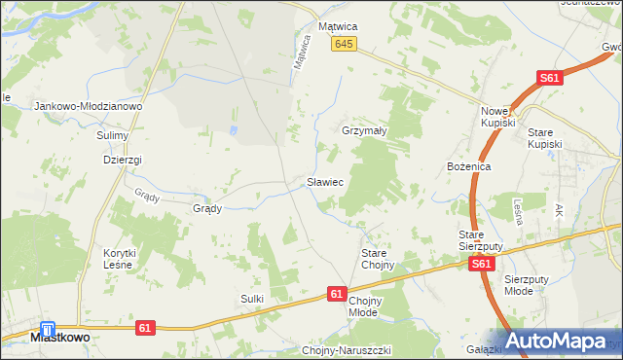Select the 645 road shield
point(344,45)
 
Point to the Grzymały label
point(365,129)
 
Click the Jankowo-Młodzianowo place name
point(89,106)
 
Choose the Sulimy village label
point(113,135)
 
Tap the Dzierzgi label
point(123,160)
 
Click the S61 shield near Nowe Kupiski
point(551,79)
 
